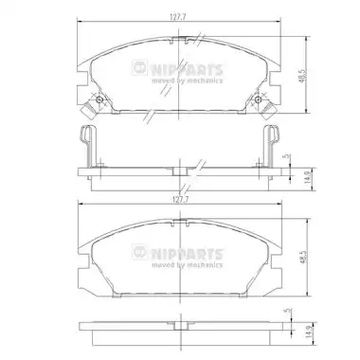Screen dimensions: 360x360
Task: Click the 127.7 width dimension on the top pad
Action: [178, 18]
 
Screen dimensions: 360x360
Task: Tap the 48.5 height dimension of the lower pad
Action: [304, 258]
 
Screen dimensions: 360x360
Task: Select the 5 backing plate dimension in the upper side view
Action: [287, 157]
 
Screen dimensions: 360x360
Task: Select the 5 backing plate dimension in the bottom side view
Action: [287, 311]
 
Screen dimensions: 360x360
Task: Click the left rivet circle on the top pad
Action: [99, 100]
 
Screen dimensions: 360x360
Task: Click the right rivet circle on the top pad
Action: [258, 100]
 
